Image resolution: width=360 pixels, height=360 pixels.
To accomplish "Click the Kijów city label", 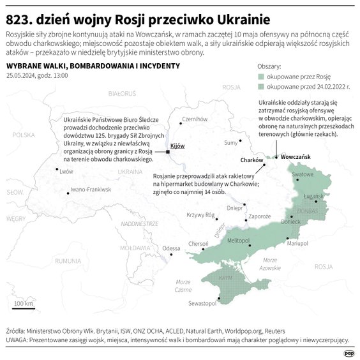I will [x=177, y=146].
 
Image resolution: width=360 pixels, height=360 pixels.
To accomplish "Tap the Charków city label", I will [x=252, y=160].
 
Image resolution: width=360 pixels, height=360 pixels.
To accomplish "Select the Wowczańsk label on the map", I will [x=295, y=156].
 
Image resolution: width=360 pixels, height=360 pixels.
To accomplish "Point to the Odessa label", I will [x=172, y=248].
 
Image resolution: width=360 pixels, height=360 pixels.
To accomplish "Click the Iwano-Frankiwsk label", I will [x=91, y=190].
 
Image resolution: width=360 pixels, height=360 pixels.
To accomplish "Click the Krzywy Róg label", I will [x=199, y=215].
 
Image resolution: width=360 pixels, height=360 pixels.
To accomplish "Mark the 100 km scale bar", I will [x=24, y=306].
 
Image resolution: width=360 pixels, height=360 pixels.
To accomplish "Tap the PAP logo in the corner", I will [x=349, y=353].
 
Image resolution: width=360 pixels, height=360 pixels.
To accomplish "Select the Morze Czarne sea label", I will [x=183, y=285].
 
